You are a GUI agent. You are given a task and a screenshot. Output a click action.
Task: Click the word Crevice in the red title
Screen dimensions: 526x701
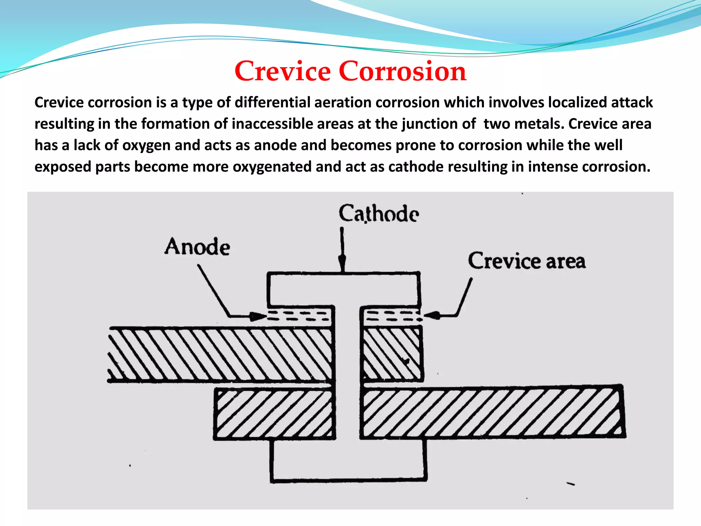[x=282, y=71]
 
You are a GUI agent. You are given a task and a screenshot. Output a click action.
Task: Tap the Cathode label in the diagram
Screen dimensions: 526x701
[x=379, y=213]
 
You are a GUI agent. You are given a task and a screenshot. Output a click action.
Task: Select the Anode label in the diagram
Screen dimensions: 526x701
[x=197, y=247]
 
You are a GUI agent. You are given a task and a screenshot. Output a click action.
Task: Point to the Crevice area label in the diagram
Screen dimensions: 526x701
[x=526, y=261]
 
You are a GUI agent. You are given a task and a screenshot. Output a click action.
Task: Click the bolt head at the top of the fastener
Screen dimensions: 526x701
[x=343, y=289]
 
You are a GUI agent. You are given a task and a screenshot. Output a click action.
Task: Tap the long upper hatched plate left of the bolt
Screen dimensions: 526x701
[x=219, y=354]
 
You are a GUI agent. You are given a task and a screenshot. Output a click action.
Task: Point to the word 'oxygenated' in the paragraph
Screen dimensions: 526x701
[x=272, y=167]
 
